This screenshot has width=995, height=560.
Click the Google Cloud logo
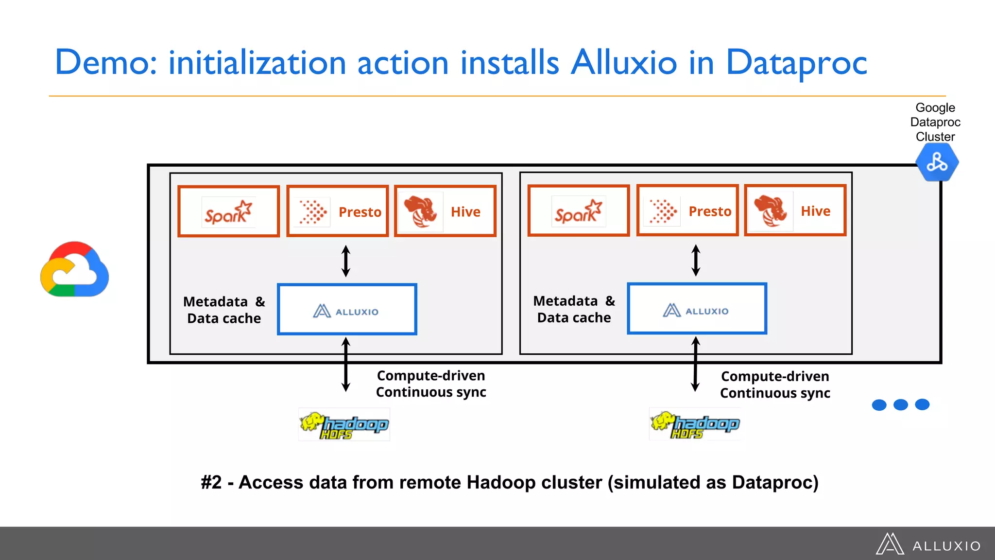click(75, 269)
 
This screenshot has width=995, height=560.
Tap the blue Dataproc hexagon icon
click(937, 162)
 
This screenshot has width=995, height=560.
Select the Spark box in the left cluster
click(228, 211)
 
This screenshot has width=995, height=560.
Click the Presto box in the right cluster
click(687, 210)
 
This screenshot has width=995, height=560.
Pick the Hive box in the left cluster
click(445, 211)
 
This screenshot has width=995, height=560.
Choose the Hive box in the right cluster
click(795, 210)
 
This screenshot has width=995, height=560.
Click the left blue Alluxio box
click(347, 310)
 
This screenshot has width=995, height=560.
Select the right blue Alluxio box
click(697, 309)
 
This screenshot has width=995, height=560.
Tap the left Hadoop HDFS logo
click(344, 425)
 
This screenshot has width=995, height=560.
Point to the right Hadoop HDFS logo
click(695, 424)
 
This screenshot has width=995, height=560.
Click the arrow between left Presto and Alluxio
click(346, 261)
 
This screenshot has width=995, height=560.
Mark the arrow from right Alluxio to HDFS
click(696, 365)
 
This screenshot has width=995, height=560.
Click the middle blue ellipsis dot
click(900, 404)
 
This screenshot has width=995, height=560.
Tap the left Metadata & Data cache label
click(224, 310)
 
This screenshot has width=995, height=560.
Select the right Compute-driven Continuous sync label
click(775, 385)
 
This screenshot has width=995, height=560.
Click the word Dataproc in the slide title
click(796, 63)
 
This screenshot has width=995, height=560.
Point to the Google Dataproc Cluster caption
click(935, 122)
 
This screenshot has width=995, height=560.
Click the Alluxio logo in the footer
click(928, 544)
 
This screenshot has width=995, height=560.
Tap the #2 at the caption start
click(211, 483)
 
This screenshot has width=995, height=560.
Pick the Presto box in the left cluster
click(337, 211)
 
